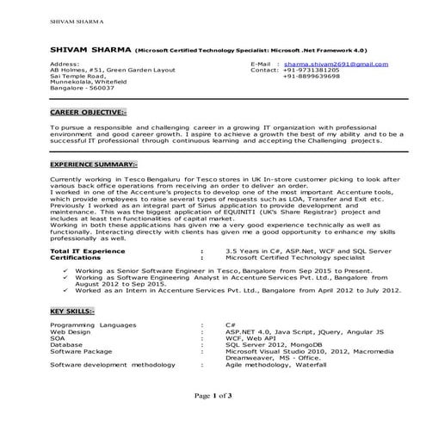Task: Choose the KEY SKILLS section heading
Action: tap(72, 310)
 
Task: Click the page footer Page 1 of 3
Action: tap(213, 395)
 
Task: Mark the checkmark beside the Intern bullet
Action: tap(67, 293)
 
